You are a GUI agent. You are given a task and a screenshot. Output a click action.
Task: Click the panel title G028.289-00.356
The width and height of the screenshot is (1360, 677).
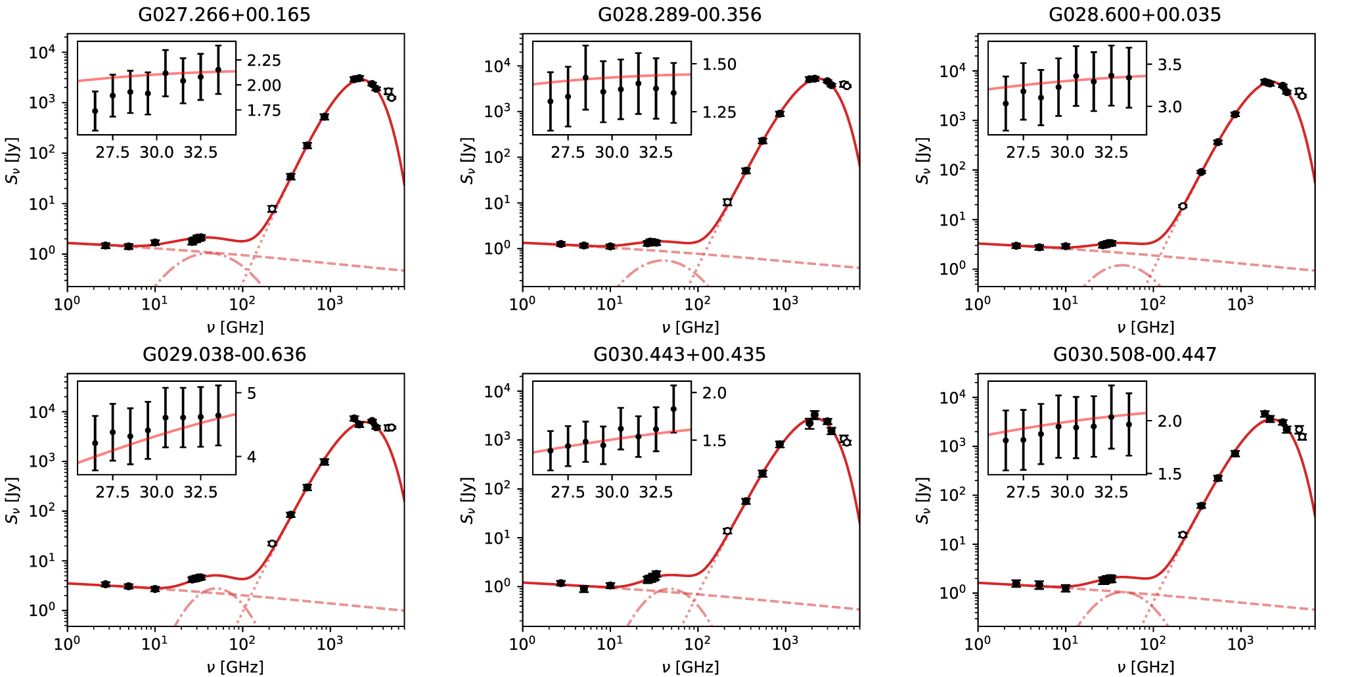679,14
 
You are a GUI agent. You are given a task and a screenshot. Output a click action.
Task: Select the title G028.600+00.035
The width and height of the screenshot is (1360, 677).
1135,14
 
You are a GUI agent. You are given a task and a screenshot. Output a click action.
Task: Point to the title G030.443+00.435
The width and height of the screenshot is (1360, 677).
679,355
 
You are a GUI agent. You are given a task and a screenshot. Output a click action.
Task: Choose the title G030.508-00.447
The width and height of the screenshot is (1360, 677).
1135,355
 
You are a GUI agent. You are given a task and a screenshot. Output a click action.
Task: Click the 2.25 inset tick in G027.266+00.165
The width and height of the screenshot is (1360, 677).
263,60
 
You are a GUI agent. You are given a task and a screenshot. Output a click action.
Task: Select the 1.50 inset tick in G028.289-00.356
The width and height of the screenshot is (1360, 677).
719,64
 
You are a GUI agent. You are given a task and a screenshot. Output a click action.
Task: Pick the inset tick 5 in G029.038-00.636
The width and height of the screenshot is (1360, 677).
251,393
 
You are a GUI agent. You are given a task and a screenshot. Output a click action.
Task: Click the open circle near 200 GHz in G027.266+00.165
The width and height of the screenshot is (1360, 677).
272,209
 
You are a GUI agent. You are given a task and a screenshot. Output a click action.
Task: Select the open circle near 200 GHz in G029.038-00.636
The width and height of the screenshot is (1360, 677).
272,544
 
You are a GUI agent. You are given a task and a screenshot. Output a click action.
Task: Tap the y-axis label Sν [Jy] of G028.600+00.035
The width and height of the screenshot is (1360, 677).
924,160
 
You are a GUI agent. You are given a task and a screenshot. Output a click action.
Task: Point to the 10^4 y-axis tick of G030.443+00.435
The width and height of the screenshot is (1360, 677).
499,392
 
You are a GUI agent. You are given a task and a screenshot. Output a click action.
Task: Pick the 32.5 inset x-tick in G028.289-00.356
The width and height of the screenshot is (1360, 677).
656,152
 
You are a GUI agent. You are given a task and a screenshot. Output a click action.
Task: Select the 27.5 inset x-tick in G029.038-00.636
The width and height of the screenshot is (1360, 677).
112,492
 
